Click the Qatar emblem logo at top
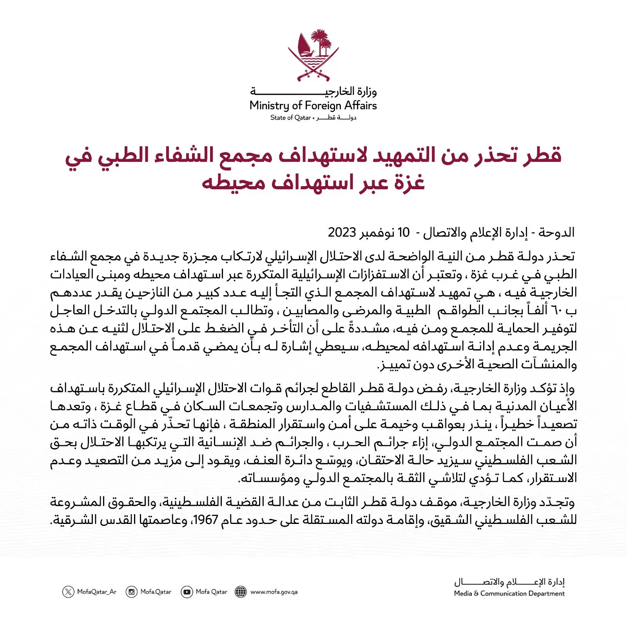click(313, 55)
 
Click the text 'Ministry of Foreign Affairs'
click(313, 105)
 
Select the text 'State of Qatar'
click(290, 118)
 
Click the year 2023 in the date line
click(342, 232)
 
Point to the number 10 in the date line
click(403, 232)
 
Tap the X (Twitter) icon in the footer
click(68, 592)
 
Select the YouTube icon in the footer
click(187, 592)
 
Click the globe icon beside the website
click(241, 592)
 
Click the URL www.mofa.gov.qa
click(274, 592)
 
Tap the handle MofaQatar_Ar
click(97, 592)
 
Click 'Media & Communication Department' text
click(509, 594)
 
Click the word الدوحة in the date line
click(556, 232)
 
